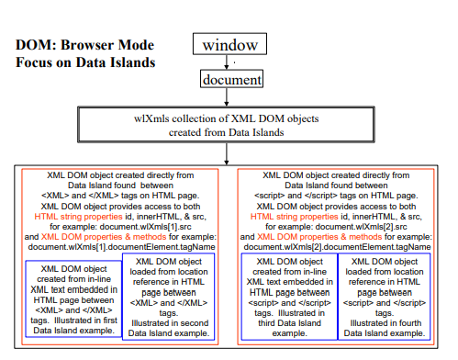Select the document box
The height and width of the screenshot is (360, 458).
point(231,81)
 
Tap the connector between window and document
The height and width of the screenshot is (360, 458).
point(231,62)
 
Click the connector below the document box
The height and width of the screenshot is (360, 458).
point(231,97)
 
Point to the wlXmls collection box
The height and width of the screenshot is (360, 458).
point(230,125)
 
